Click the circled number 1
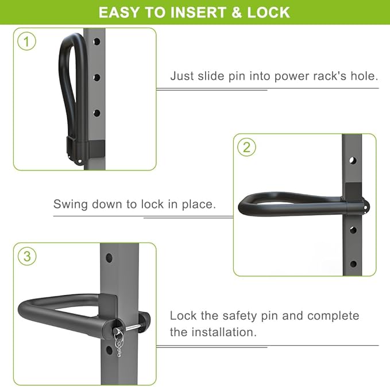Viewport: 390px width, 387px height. [x=26, y=41]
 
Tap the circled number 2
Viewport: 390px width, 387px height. [x=246, y=147]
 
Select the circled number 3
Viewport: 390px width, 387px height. [x=27, y=256]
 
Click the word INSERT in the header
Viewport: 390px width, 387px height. [x=198, y=13]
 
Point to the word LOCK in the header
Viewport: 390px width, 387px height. [x=268, y=13]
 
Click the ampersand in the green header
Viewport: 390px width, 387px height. [x=236, y=13]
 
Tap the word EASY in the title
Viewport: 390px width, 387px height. [x=119, y=13]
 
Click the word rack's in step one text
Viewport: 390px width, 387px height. [x=330, y=76]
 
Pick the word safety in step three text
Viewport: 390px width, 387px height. [x=240, y=316]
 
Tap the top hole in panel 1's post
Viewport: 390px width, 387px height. [x=96, y=41]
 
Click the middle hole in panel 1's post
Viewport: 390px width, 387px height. [x=96, y=78]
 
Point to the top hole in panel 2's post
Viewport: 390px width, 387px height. [x=353, y=160]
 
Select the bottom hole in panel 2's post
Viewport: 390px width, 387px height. [x=353, y=264]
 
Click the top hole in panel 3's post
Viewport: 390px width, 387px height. [x=109, y=258]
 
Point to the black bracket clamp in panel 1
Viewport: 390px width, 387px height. [x=86, y=148]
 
